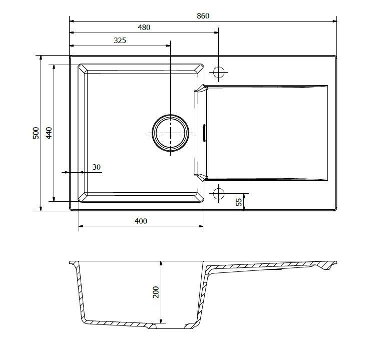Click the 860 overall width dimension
[203, 16]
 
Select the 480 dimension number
[144, 28]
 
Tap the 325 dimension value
[120, 40]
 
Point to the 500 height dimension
[36, 133]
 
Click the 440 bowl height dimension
[49, 133]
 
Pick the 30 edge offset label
[97, 167]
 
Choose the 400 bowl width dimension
[141, 221]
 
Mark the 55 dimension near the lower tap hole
[239, 202]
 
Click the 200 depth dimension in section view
[156, 292]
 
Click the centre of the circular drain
[170, 133]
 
